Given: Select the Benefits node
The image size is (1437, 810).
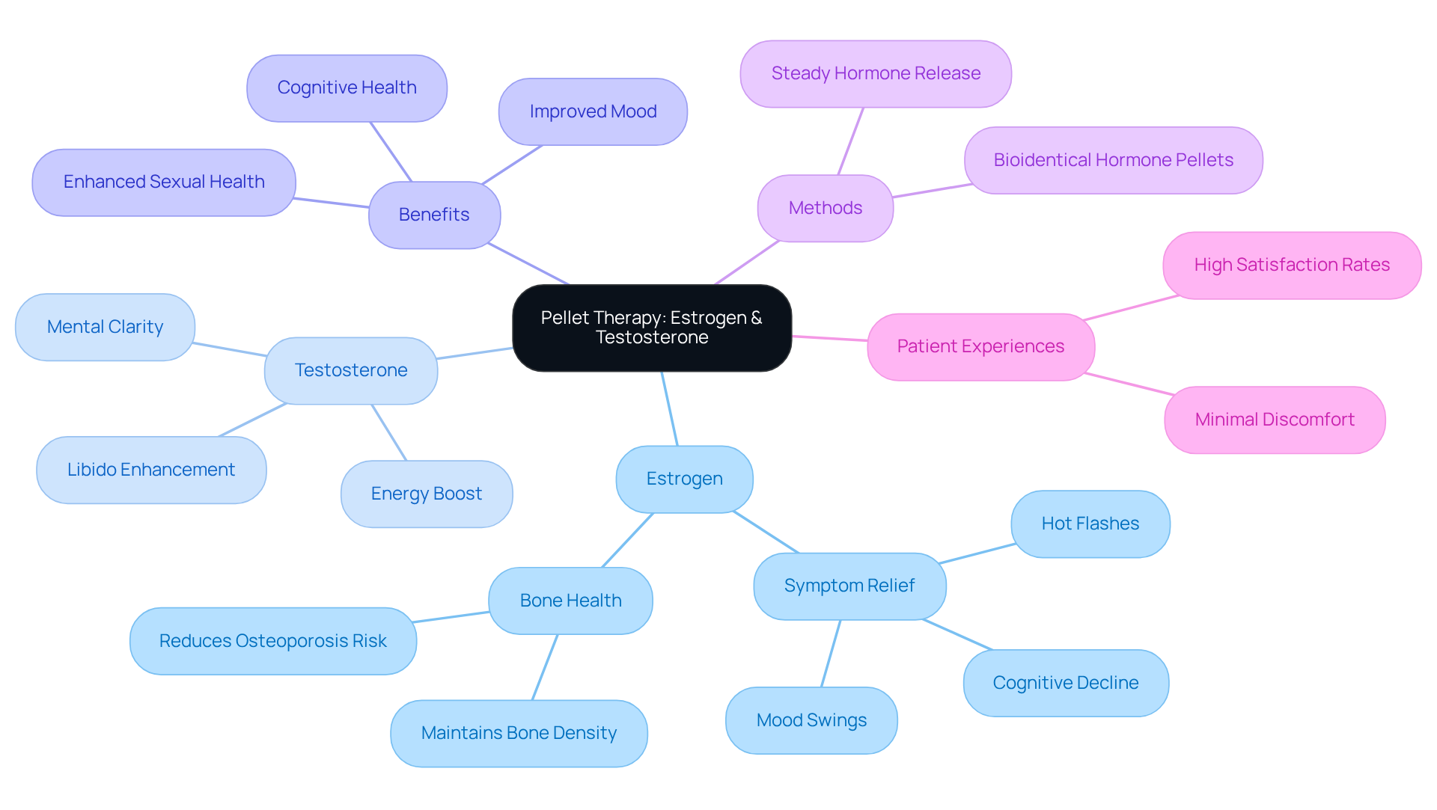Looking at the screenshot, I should point(434,215).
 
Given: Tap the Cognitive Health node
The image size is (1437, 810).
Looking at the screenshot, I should point(347,88).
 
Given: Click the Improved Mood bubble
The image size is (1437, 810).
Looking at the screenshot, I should point(593,111).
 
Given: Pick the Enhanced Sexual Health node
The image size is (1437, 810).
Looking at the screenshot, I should point(163,182).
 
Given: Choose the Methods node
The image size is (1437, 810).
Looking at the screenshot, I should point(825,208).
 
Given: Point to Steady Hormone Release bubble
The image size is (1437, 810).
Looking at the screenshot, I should point(875,73).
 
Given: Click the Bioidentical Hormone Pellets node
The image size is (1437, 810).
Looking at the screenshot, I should point(1113,160).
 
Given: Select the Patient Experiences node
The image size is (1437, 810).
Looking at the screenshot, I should point(980,346).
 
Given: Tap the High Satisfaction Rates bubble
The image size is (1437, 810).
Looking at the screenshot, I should point(1291,265).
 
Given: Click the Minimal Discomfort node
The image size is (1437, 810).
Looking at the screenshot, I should point(1274,420).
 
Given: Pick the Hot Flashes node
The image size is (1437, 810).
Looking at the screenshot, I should point(1090,524).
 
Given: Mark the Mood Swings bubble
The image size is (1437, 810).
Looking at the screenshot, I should point(811,720).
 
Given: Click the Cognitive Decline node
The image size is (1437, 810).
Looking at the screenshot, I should point(1065,683).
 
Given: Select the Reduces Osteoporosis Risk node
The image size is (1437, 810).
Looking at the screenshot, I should point(272,641).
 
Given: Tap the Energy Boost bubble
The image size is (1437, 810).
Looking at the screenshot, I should point(426,494).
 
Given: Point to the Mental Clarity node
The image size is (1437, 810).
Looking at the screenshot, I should point(105,327).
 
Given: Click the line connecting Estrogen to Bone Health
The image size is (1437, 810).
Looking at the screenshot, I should point(628,540).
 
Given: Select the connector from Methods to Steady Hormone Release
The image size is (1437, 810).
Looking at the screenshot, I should point(851,141).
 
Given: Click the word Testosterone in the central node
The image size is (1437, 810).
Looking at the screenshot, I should point(652,338).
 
